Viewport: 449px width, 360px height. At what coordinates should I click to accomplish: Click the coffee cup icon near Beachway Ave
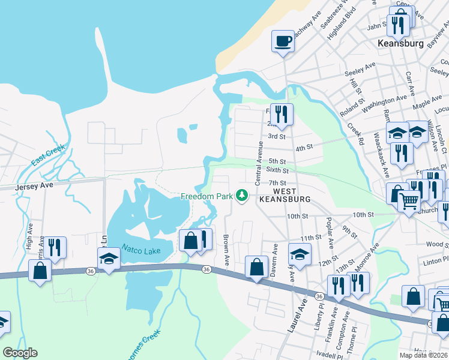coord(283,41)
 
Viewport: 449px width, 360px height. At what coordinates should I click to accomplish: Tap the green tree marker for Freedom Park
coord(242,196)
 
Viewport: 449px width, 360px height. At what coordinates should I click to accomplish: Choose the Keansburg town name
coord(400,44)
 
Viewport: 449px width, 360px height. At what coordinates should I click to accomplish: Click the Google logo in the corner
coord(20,353)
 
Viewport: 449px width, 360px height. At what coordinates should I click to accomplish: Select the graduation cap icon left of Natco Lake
coord(108,259)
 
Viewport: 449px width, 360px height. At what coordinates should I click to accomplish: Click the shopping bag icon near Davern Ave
coord(256,266)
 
